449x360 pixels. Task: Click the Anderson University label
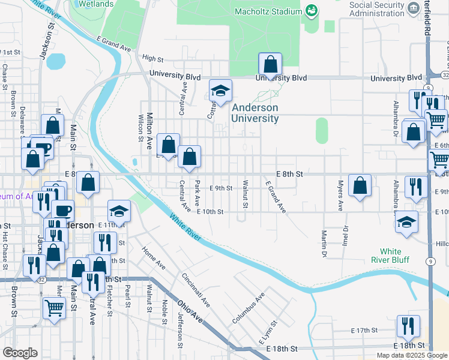tap(255, 113)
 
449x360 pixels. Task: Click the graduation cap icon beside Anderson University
tap(220, 91)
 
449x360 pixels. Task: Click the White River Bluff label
tap(394, 255)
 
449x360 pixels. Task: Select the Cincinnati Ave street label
tap(196, 289)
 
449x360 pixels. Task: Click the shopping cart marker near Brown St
tap(54, 309)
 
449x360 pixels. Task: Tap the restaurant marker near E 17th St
tap(408, 327)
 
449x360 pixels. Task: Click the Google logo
tap(20, 353)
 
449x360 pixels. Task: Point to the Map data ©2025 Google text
tap(412, 355)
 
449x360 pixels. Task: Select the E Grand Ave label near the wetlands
tap(113, 44)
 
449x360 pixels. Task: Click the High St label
tap(152, 59)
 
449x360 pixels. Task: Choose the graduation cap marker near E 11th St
tap(119, 211)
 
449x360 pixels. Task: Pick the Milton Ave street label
tap(150, 131)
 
